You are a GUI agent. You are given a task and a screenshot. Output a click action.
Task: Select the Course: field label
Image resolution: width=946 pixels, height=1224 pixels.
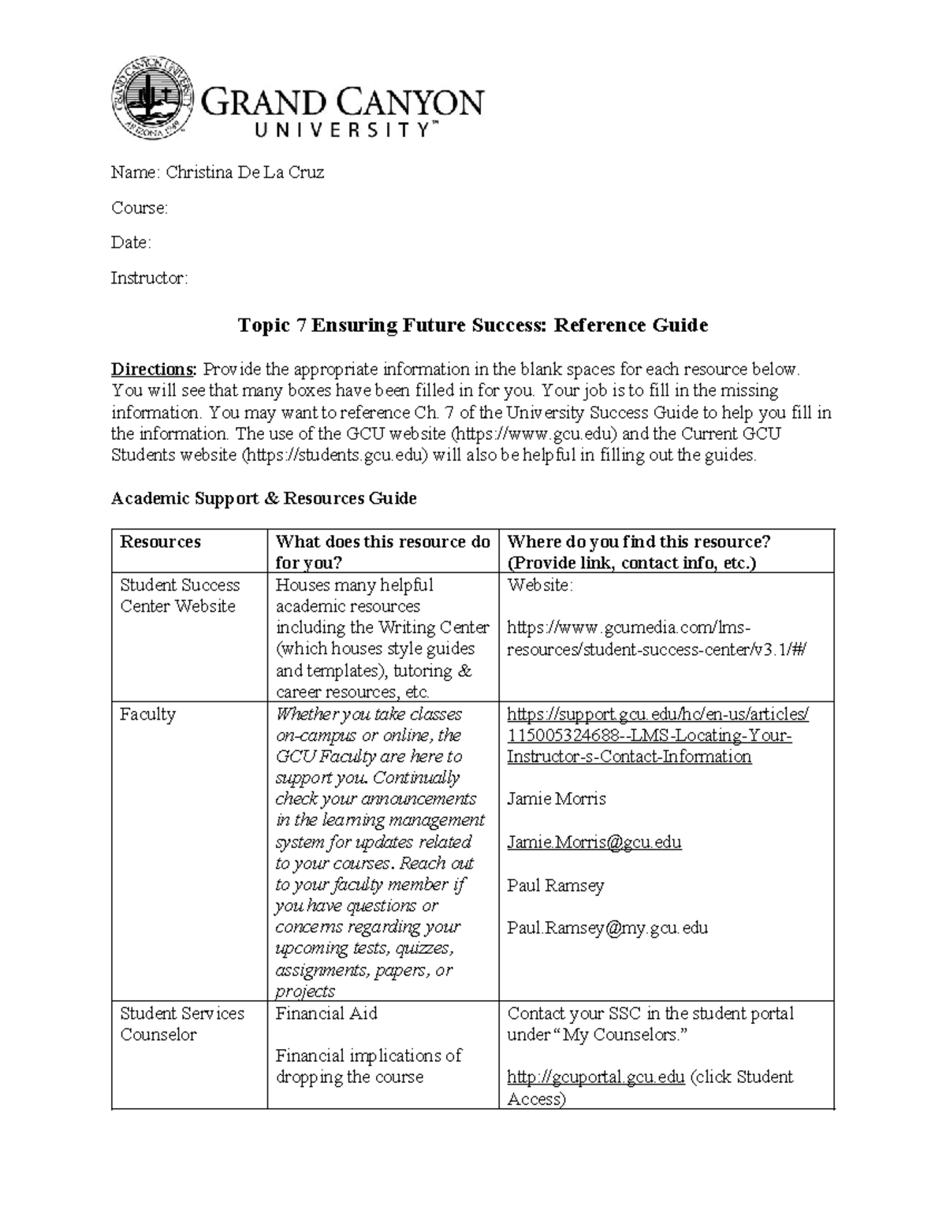pyautogui.click(x=139, y=208)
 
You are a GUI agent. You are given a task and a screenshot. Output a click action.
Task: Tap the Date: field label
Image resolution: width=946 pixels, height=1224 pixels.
pyautogui.click(x=130, y=243)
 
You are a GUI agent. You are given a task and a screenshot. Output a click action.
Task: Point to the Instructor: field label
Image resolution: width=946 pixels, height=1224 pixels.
pyautogui.click(x=149, y=278)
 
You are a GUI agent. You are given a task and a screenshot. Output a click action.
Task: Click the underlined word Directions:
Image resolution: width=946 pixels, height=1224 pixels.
pyautogui.click(x=154, y=370)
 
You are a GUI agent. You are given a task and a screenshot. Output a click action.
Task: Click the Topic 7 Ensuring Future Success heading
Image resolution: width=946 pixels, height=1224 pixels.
pyautogui.click(x=472, y=325)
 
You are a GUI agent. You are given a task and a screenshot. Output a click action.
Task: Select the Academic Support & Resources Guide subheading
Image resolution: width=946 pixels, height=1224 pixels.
pyautogui.click(x=263, y=498)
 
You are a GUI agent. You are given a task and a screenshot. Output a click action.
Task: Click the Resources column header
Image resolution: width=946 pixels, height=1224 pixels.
pyautogui.click(x=160, y=541)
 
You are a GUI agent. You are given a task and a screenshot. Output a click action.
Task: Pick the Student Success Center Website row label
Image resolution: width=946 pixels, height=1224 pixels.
pyautogui.click(x=179, y=596)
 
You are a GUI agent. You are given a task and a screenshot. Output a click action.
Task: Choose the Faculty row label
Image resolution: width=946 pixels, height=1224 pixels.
pyautogui.click(x=147, y=714)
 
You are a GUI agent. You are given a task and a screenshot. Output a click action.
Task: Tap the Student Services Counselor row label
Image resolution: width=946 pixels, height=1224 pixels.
pyautogui.click(x=181, y=1024)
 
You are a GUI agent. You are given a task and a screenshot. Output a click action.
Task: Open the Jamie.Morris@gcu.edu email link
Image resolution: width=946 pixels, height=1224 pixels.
pyautogui.click(x=594, y=842)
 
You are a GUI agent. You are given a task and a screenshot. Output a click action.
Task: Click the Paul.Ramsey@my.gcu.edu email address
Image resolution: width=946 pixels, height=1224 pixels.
pyautogui.click(x=607, y=928)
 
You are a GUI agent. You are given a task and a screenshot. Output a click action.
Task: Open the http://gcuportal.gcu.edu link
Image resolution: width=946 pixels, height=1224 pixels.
pyautogui.click(x=595, y=1077)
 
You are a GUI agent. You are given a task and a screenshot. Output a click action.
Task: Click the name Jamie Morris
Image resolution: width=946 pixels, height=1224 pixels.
pyautogui.click(x=556, y=798)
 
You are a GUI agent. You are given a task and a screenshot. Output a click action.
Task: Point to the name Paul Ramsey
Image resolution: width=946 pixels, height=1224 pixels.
pyautogui.click(x=555, y=885)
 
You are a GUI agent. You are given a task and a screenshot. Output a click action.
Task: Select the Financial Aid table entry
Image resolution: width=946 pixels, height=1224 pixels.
pyautogui.click(x=326, y=1014)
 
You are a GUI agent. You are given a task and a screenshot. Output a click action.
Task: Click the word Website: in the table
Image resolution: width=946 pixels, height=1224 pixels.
pyautogui.click(x=540, y=585)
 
